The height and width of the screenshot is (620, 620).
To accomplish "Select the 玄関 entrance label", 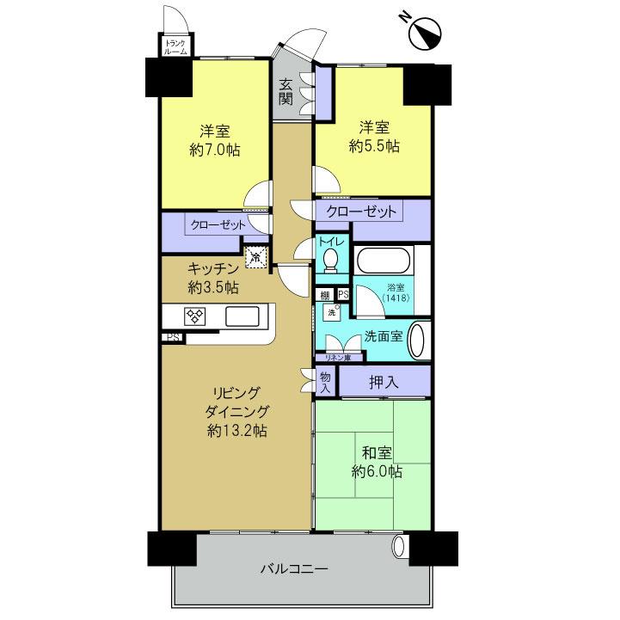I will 285,91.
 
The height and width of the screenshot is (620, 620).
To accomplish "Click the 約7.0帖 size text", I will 215,150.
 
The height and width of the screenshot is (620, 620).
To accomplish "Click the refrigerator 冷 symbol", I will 255,255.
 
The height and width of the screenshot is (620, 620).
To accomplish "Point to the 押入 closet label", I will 384,381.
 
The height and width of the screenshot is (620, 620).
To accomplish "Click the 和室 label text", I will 378,453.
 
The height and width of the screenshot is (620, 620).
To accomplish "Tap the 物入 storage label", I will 325,382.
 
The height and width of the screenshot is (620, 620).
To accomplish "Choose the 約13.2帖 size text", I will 236,430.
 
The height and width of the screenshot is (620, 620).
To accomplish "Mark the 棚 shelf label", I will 324,295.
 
